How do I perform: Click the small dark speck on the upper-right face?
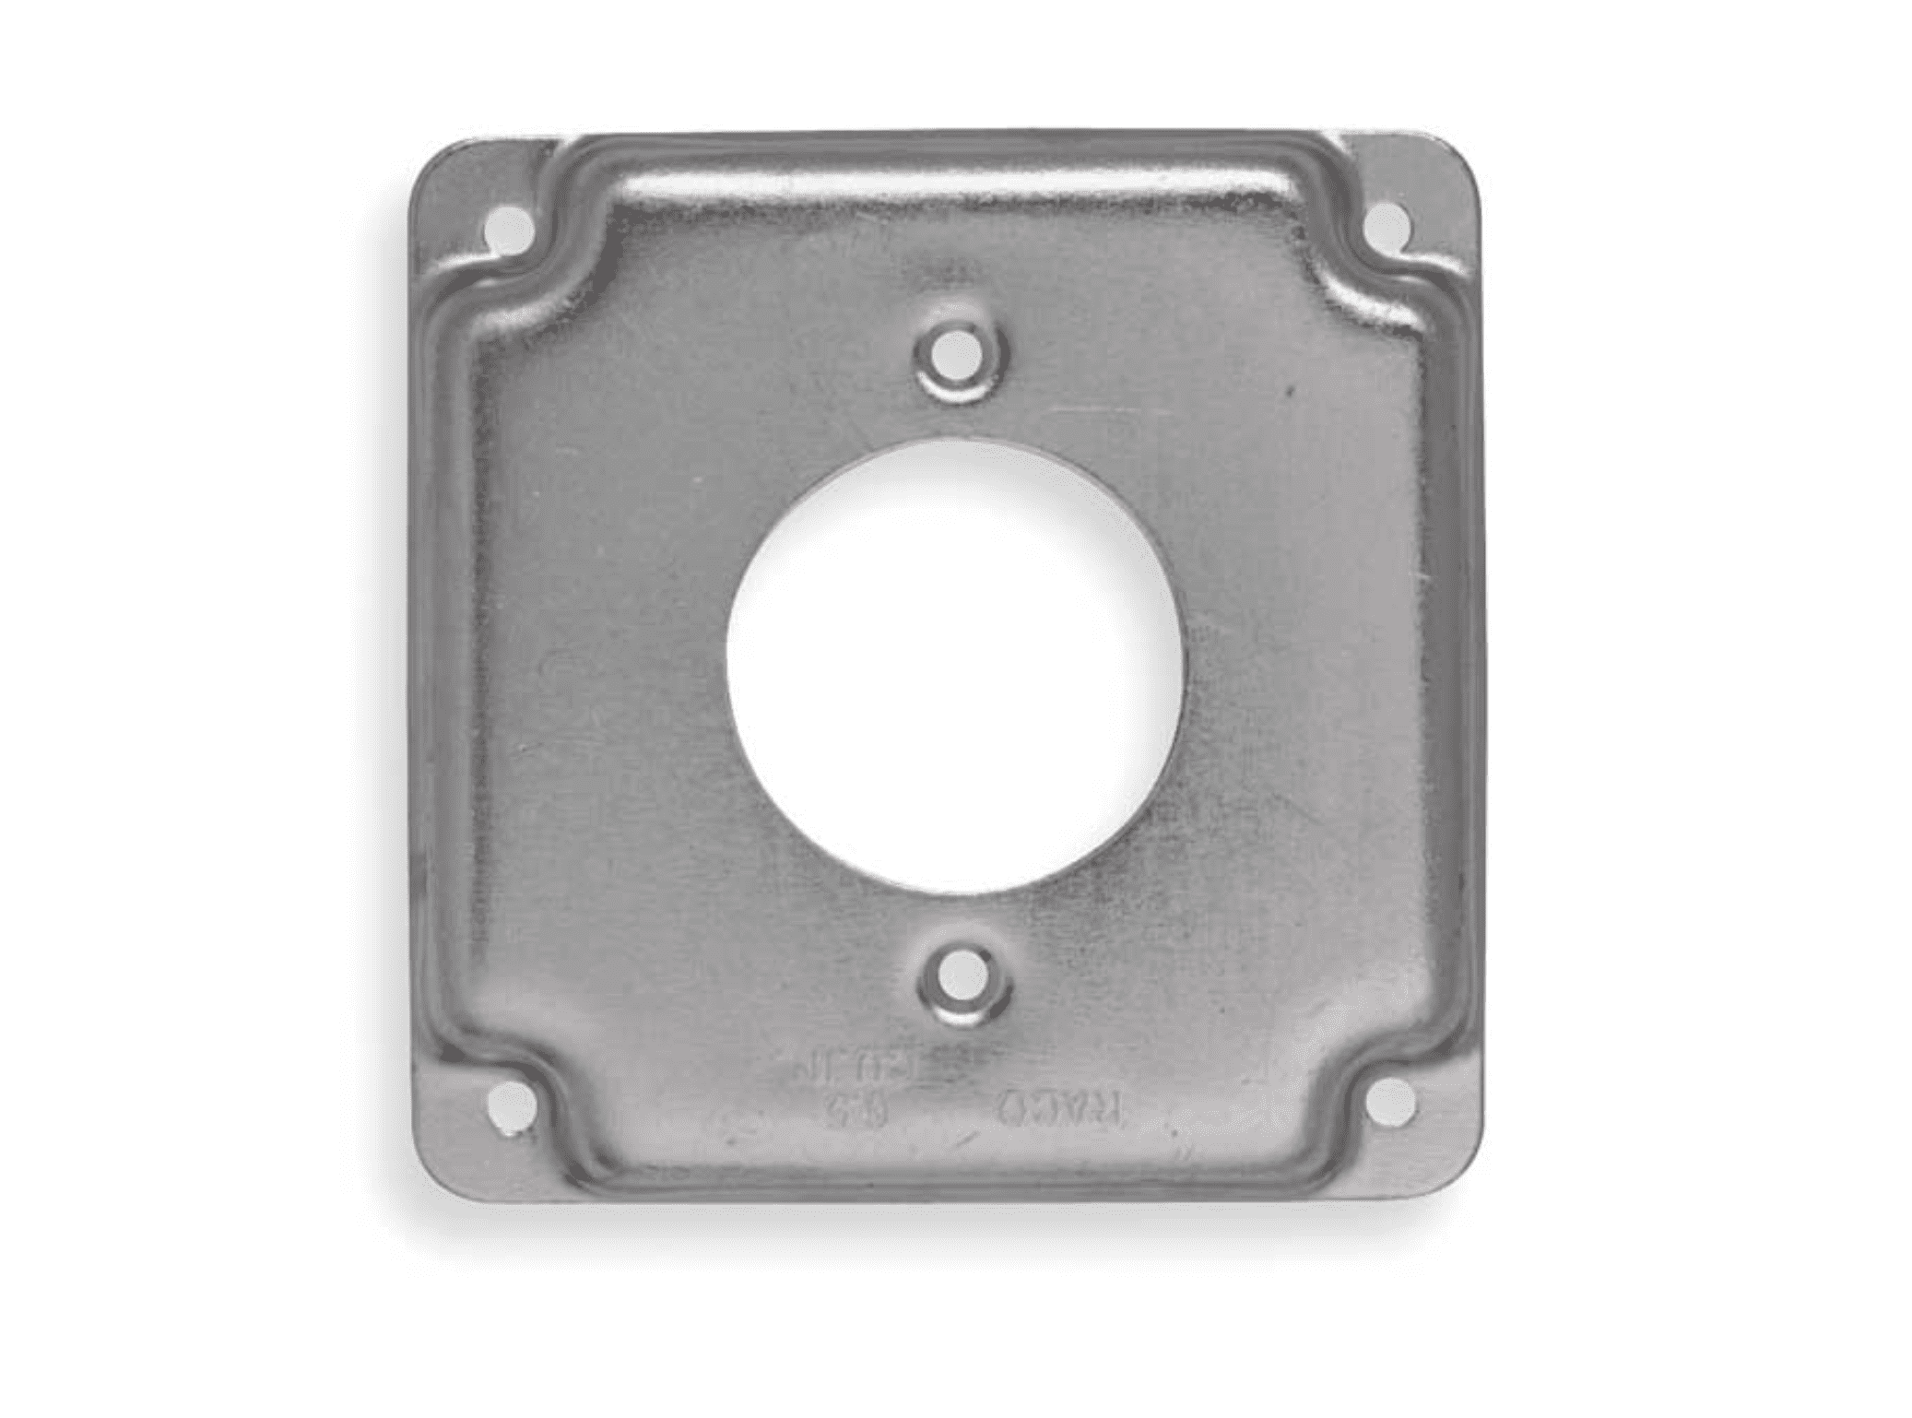pos(1292,391)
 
